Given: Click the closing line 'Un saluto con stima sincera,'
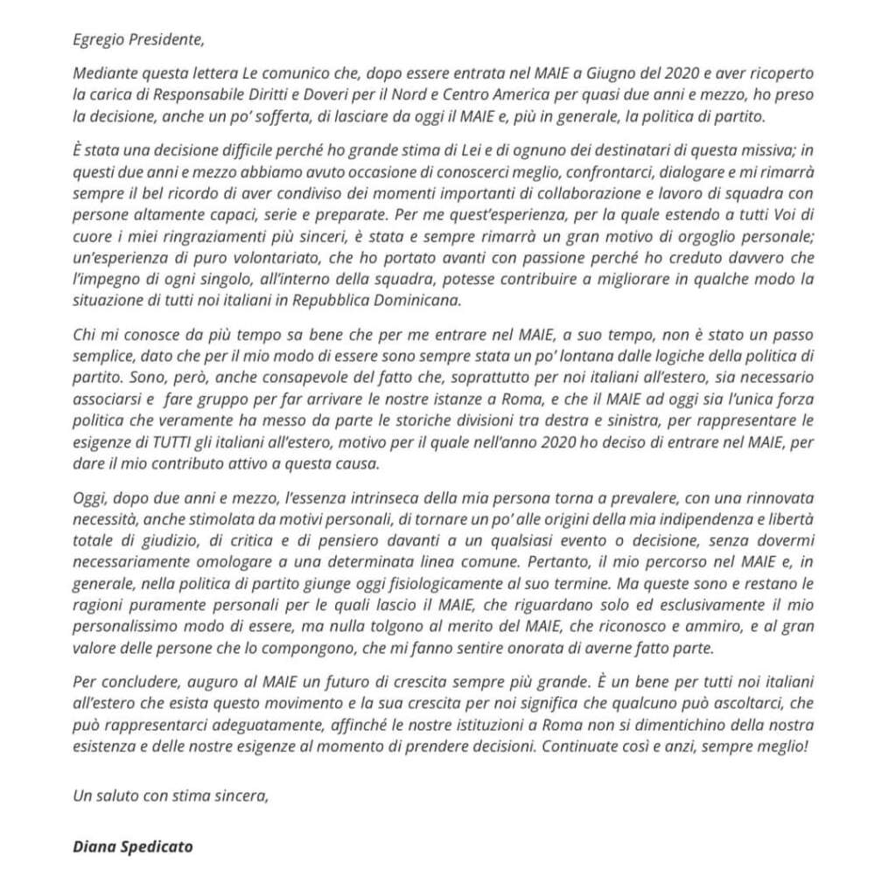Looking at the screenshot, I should (171, 795).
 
